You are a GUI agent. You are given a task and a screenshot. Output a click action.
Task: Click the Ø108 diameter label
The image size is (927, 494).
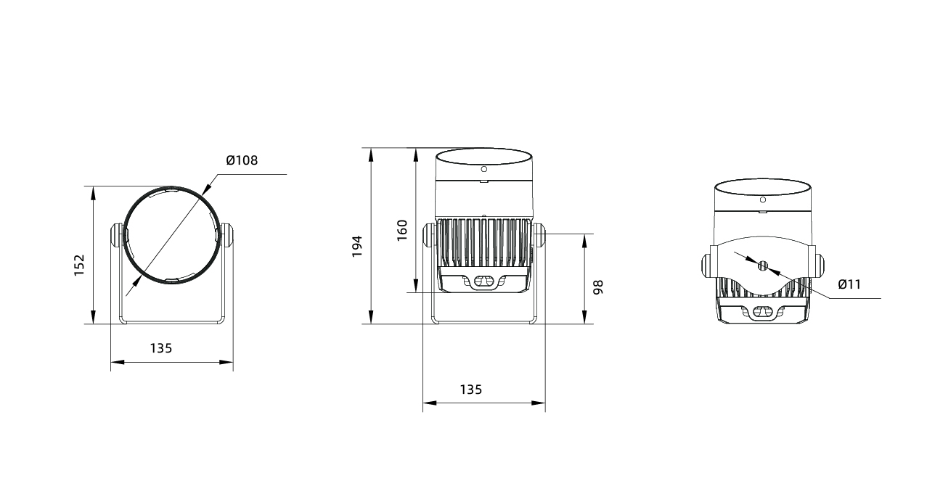(x=242, y=160)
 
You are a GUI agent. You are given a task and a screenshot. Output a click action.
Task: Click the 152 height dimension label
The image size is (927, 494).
(x=79, y=265)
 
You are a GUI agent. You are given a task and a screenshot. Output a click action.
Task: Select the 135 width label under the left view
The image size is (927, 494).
(x=161, y=348)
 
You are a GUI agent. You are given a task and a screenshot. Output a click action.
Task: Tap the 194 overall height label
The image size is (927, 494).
(x=357, y=247)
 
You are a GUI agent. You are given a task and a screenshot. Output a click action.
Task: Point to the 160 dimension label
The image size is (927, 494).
(x=402, y=230)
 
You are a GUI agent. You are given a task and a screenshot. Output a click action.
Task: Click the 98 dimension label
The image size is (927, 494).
(x=598, y=287)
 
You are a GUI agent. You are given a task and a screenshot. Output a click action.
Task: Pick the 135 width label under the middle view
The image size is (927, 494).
(x=471, y=390)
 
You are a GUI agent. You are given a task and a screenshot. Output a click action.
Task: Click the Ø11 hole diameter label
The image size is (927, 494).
(x=849, y=284)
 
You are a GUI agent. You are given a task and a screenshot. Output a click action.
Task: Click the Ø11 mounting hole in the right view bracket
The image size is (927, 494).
(x=763, y=265)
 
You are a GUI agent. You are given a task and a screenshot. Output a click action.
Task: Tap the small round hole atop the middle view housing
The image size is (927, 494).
(x=483, y=169)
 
